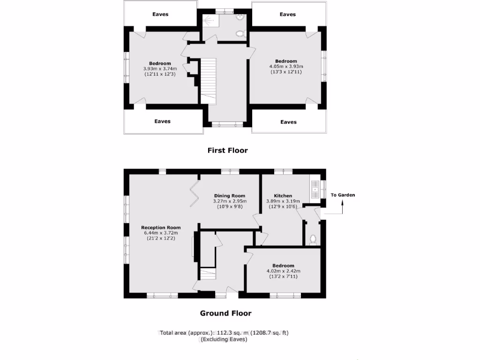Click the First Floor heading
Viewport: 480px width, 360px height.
click(227, 150)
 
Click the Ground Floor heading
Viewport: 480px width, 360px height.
click(225, 313)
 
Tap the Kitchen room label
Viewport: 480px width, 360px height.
click(283, 195)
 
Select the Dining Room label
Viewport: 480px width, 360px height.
click(230, 195)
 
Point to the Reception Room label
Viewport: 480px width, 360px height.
click(161, 228)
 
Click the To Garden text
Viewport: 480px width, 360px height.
click(343, 195)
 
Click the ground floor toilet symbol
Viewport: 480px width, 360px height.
click(313, 239)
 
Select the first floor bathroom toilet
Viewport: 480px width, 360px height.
click(240, 34)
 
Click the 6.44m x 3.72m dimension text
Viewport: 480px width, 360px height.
click(161, 233)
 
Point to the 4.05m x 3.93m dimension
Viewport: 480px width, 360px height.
click(285, 67)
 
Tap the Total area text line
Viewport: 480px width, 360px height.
click(224, 333)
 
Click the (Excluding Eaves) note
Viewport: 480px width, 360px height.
click(224, 339)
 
